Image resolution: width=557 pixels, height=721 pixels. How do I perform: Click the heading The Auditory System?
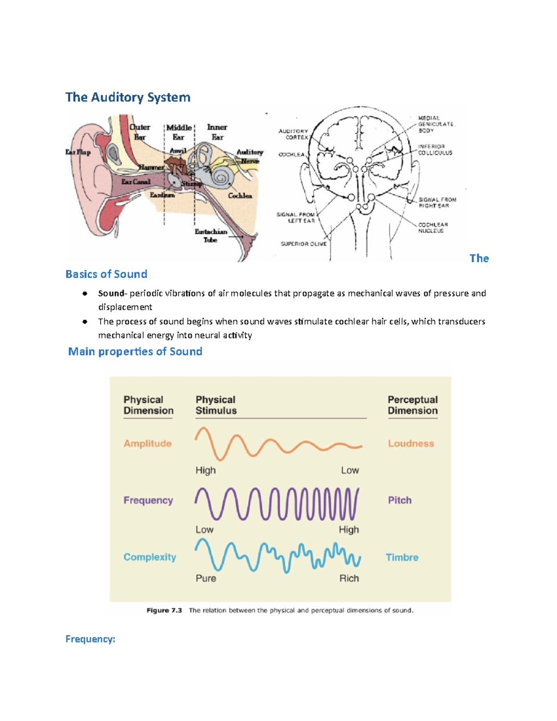128,97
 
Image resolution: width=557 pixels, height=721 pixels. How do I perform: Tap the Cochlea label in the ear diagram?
240,196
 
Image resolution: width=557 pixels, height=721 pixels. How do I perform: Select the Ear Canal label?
136,182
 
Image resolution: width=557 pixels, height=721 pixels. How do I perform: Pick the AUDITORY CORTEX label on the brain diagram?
293,134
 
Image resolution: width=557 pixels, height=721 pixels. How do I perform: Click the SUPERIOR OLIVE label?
304,244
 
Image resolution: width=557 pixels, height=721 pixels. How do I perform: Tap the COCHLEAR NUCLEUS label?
433,227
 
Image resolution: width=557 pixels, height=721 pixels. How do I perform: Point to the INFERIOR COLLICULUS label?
435,149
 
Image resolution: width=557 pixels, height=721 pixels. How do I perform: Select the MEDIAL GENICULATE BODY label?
435,124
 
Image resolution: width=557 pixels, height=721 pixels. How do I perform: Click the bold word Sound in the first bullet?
111,293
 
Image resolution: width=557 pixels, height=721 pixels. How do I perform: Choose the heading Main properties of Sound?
135,351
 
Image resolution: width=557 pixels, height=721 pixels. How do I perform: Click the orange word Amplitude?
148,443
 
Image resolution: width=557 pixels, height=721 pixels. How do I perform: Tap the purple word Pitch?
400,500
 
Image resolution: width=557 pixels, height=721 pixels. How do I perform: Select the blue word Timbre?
402,557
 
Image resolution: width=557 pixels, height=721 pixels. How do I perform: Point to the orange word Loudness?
411,443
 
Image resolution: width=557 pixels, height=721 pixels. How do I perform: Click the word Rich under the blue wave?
349,578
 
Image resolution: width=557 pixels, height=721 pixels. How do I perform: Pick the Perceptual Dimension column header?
413,405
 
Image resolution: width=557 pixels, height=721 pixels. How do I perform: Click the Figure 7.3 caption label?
164,611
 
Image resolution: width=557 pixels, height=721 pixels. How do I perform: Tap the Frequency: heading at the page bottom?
90,639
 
